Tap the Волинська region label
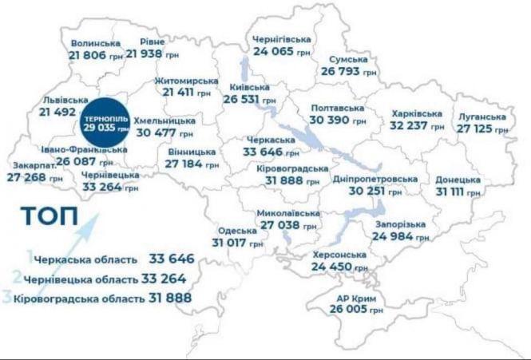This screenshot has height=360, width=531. pos(95,42)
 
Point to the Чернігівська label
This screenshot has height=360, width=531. pos(281,38)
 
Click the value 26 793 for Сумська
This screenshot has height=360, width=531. pos(342,71)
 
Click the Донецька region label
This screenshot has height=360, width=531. pos(458,179)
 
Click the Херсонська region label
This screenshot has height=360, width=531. pos(339,255)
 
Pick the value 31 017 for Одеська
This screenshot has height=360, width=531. pos(230,242)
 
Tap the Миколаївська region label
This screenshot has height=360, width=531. pos(288,214)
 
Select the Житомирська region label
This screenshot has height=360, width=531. pos(187,81)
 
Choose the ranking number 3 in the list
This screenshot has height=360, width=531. pos(6,297)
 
